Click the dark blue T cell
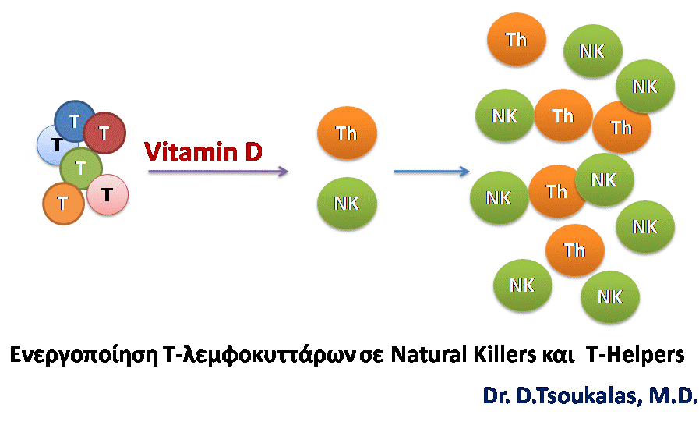pyautogui.click(x=75, y=121)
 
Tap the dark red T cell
pyautogui.click(x=104, y=133)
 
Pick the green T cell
pyautogui.click(x=81, y=168)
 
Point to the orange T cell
pyautogui.click(x=63, y=204)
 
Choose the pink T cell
pyautogui.click(x=108, y=195)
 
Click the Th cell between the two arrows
pyautogui.click(x=347, y=133)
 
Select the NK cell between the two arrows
pyautogui.click(x=347, y=203)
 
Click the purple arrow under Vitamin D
pyautogui.click(x=218, y=171)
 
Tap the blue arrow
pyautogui.click(x=432, y=171)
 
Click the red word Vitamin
pyautogui.click(x=191, y=152)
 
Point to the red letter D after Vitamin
pyautogui.click(x=253, y=152)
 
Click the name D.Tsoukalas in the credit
pyautogui.click(x=579, y=395)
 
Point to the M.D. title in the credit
pyautogui.click(x=673, y=395)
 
